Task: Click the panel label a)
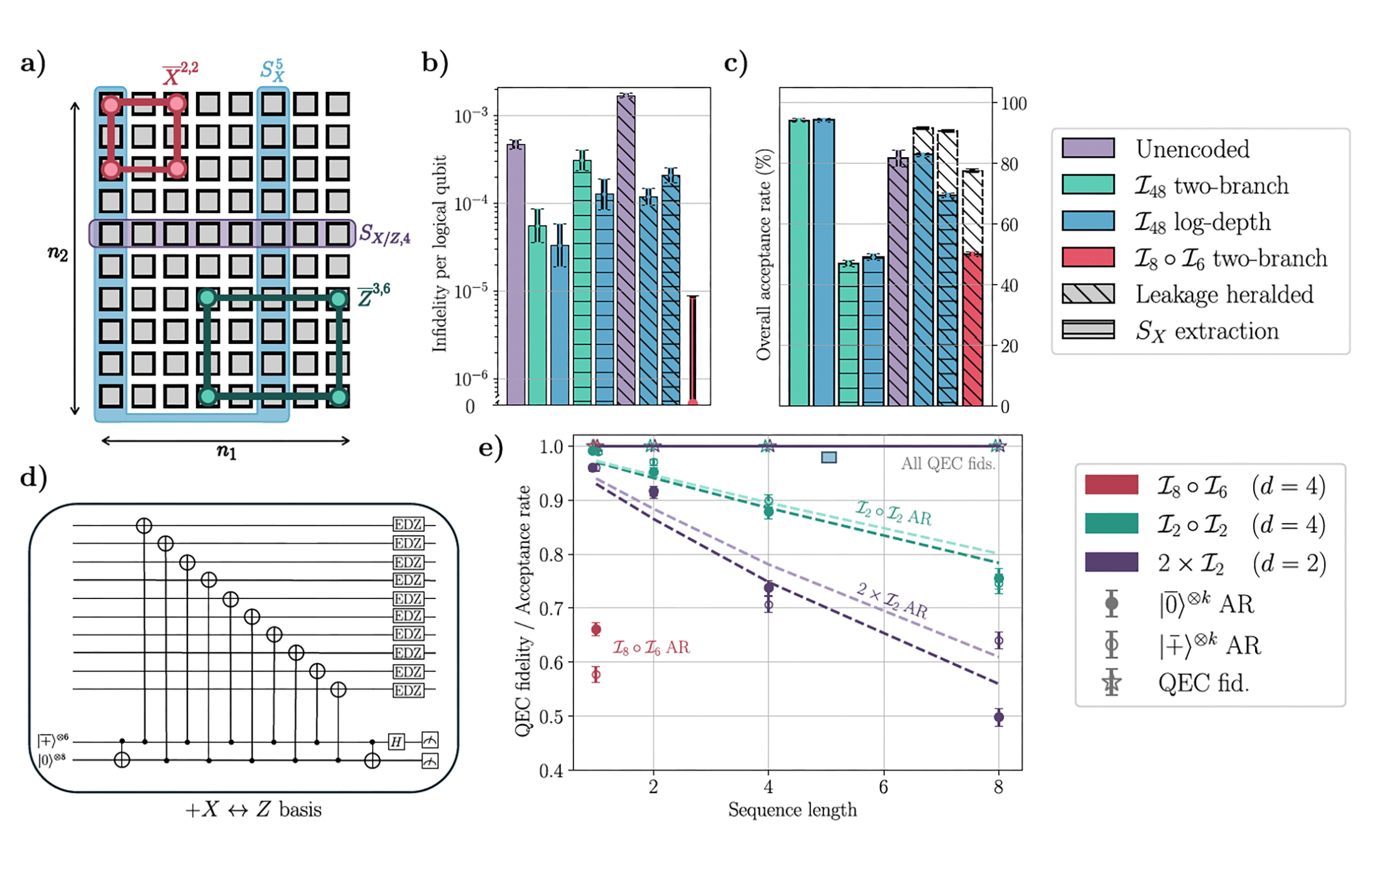click(x=33, y=63)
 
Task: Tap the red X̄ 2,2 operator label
click(x=180, y=74)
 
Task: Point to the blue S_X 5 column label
click(x=273, y=70)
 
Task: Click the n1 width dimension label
click(x=226, y=451)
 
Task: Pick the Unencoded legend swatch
click(x=1088, y=148)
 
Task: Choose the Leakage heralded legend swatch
click(x=1088, y=294)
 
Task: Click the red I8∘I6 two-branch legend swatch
click(x=1088, y=258)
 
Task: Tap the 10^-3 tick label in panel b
click(x=471, y=116)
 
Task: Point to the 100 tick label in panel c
click(x=1013, y=104)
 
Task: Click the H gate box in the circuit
click(x=396, y=742)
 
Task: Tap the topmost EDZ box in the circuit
click(x=408, y=525)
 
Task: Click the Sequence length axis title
click(x=792, y=810)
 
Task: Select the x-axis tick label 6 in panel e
click(x=883, y=787)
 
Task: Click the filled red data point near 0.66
click(x=596, y=629)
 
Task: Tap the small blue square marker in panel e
click(x=829, y=458)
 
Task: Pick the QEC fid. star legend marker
click(x=1111, y=683)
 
